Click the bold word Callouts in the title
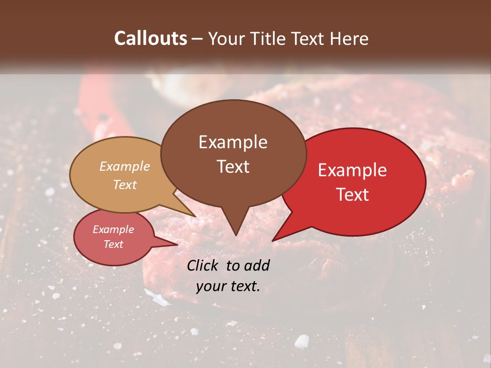(x=150, y=38)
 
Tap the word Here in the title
(x=349, y=38)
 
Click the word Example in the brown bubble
(x=233, y=142)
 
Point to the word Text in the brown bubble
(x=233, y=167)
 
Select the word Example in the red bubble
(x=352, y=170)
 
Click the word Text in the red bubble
(x=352, y=195)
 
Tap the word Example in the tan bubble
(x=125, y=166)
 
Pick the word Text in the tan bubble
(x=125, y=185)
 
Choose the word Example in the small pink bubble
(x=113, y=229)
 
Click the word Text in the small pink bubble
(x=113, y=244)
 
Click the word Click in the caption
(x=203, y=265)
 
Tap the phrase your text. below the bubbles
(x=228, y=286)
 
